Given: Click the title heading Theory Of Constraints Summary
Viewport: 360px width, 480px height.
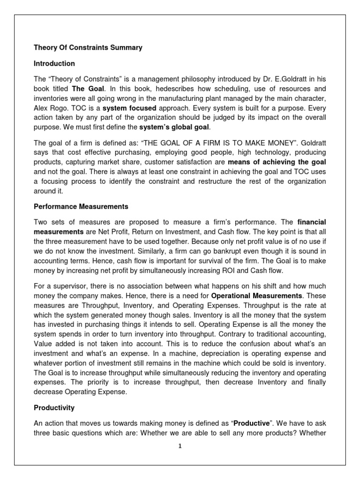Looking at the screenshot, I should (88, 47).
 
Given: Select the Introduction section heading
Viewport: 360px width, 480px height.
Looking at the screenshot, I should (54, 63).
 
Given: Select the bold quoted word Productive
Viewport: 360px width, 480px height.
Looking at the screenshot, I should (252, 424).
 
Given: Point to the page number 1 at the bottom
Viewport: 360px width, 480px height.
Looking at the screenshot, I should (180, 446).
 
